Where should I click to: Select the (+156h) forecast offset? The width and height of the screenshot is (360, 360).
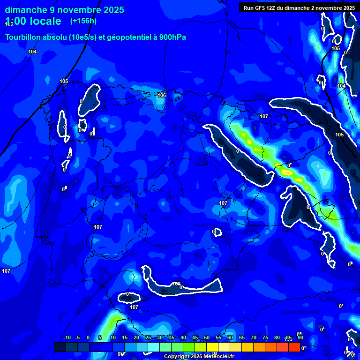83,21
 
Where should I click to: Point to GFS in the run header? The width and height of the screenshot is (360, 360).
261,8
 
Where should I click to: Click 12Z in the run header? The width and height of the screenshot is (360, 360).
274,8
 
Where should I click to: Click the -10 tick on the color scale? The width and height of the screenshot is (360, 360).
67,338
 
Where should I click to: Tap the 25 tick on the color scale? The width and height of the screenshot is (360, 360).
148,338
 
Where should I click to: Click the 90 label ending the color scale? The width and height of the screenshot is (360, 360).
300,338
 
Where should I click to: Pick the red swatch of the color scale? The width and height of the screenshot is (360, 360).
294,347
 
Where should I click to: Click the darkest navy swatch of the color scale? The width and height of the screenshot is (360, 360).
60,347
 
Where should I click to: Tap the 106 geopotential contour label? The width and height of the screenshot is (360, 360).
162,95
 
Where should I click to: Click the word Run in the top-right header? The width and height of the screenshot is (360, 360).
249,8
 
